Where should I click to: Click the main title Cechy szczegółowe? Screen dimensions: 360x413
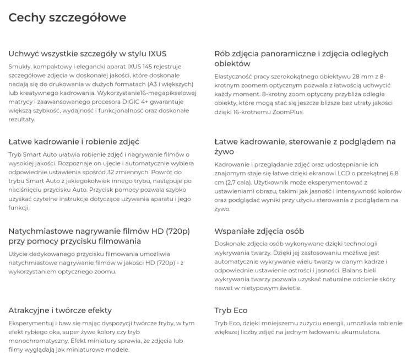point(67,18)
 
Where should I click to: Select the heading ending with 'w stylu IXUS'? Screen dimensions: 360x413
point(88,53)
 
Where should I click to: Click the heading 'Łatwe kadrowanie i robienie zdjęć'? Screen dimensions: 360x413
point(74,142)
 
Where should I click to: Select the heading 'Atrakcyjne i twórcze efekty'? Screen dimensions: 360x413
point(60,310)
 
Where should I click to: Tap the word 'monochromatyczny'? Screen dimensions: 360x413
point(38,341)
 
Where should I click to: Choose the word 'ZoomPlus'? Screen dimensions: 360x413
point(287,112)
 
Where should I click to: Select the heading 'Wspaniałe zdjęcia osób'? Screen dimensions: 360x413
point(259,231)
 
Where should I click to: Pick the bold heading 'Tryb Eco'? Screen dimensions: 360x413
point(231,310)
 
